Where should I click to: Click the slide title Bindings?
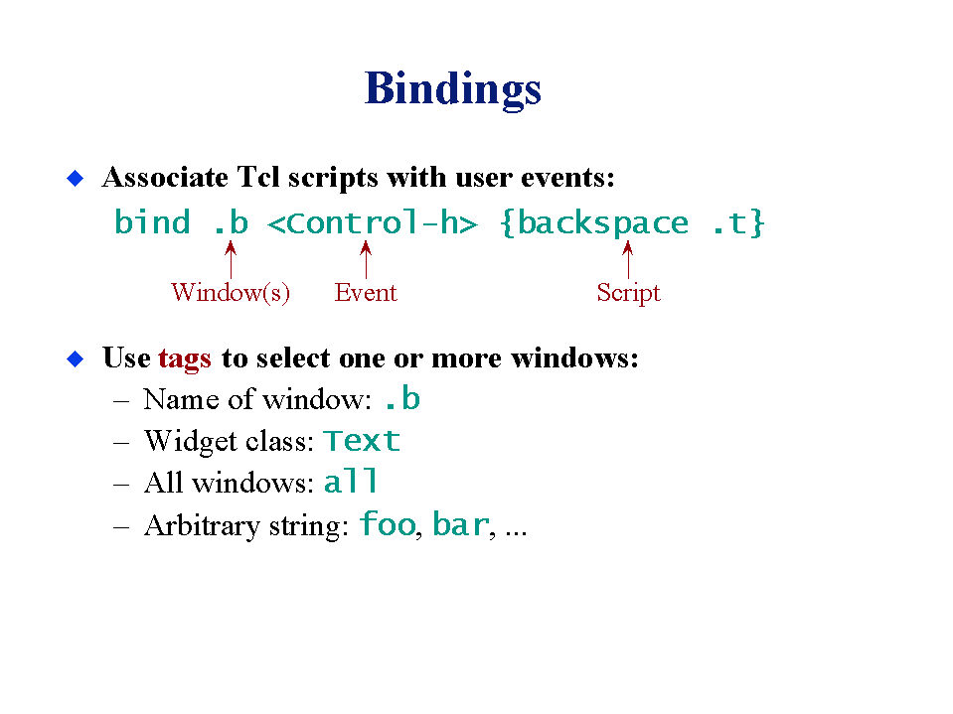tap(453, 89)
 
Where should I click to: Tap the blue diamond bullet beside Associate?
tap(75, 178)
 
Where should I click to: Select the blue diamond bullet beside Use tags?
tap(75, 358)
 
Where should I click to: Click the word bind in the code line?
tap(152, 221)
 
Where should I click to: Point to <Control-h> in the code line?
tap(373, 222)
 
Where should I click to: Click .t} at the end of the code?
tap(737, 223)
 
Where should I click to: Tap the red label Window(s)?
tap(231, 293)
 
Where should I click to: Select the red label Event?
tap(366, 293)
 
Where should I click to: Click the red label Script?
tap(628, 293)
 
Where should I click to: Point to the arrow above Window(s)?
tap(231, 260)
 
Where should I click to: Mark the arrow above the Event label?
tap(366, 260)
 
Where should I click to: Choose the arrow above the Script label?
tap(628, 260)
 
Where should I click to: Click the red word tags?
tap(185, 358)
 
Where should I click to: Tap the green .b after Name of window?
tap(402, 399)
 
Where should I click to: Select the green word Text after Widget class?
tap(362, 441)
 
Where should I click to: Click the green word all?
tap(351, 481)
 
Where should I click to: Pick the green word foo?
tap(388, 523)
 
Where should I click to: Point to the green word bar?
tap(461, 524)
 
